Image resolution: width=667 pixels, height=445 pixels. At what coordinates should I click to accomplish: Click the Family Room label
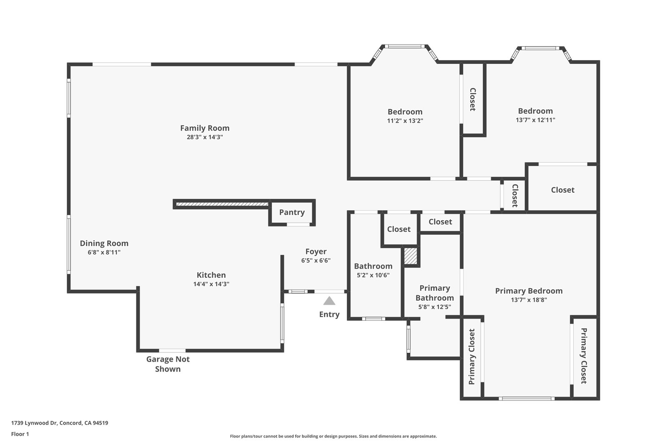coord(205,128)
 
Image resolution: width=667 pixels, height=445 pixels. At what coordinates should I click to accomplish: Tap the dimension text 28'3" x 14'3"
coord(205,137)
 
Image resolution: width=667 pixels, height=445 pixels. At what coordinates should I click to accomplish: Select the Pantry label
coord(292,212)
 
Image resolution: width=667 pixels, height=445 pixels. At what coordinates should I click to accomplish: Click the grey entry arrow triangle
coord(329,301)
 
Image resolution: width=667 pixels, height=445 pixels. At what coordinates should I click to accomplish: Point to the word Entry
coord(329,314)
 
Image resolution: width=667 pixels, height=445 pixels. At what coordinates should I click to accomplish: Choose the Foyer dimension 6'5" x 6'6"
coord(316,260)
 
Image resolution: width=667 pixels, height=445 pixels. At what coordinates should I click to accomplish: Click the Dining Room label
coord(104,243)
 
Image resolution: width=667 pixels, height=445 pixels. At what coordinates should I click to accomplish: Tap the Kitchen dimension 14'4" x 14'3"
coord(211,284)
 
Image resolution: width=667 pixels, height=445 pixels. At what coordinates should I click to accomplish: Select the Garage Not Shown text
coord(168,364)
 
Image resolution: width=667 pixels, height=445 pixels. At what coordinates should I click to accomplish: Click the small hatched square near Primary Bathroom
coord(410,256)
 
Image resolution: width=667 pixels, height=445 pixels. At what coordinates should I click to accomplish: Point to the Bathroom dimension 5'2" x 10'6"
coord(373,275)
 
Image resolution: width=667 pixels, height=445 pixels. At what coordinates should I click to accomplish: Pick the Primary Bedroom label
coord(529,291)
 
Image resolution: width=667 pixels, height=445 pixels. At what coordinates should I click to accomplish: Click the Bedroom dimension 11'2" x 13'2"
coord(405,121)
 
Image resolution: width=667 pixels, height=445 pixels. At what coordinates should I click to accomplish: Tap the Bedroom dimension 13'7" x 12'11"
coord(535,120)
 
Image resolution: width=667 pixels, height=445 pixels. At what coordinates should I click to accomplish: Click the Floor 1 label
coord(20,434)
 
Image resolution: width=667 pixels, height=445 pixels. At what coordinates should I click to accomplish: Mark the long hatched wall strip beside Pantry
coord(222,204)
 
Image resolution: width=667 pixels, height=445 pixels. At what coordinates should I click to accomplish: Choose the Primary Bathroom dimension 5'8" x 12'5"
coord(434,307)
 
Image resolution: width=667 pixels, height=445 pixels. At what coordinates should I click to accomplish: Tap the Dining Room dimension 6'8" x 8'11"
coord(104,252)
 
